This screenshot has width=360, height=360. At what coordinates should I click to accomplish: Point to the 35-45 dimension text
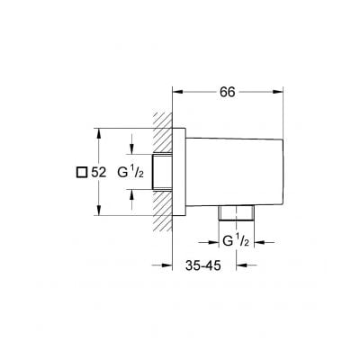[x=200, y=265]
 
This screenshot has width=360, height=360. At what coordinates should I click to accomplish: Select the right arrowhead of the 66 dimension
[x=280, y=91]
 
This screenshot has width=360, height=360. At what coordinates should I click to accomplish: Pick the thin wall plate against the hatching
[x=179, y=171]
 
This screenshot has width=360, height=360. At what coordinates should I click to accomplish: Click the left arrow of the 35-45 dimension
[x=166, y=265]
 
